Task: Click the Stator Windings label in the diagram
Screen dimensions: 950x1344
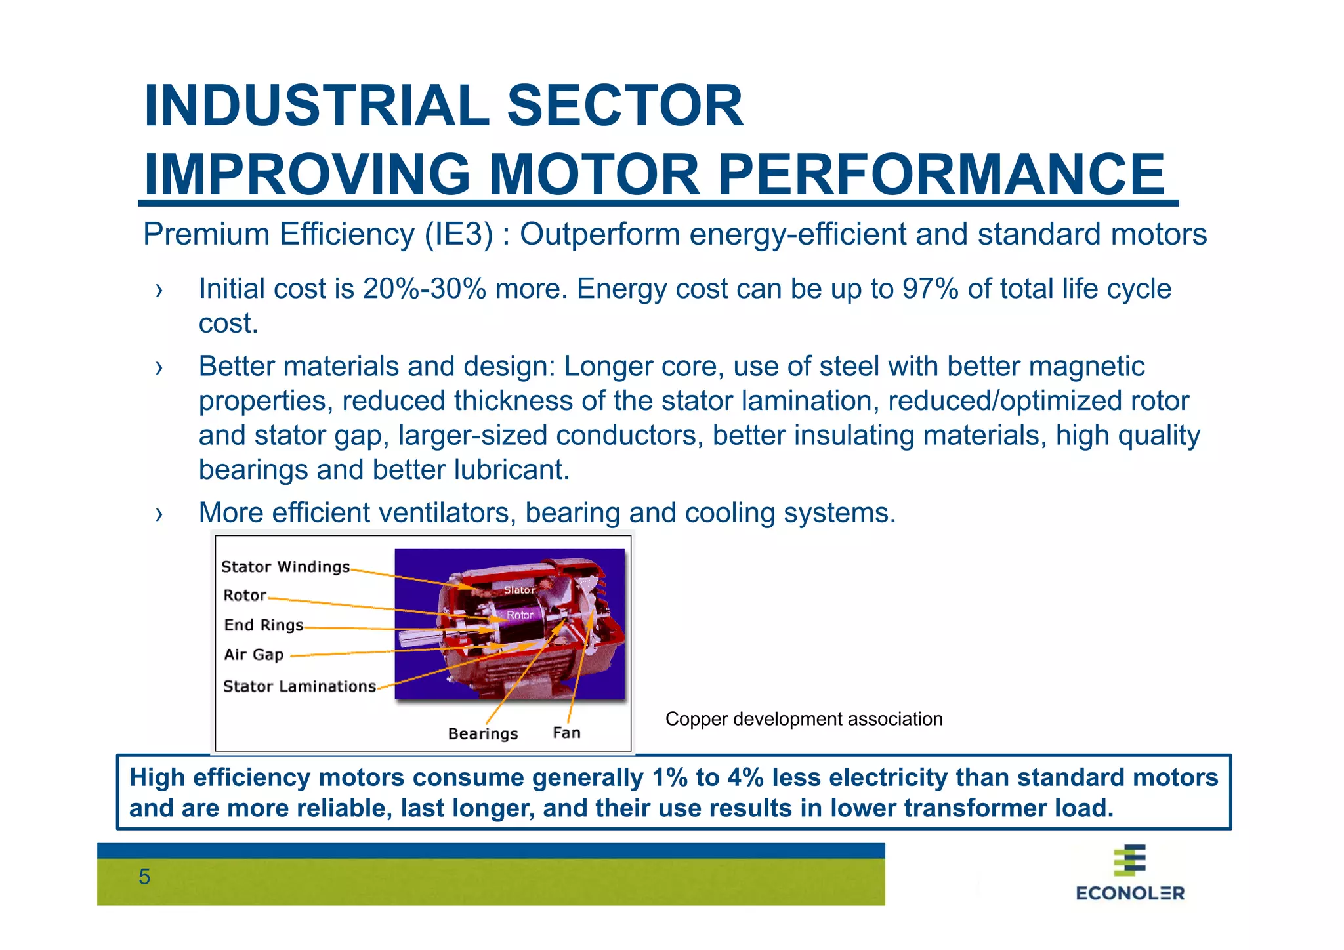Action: tap(285, 567)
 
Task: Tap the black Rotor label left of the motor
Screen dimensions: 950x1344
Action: tap(245, 596)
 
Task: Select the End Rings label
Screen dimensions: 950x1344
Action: tap(264, 625)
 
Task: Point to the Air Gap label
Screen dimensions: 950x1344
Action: tap(254, 655)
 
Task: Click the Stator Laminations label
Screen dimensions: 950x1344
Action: tap(299, 686)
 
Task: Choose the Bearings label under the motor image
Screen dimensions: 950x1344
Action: tap(483, 733)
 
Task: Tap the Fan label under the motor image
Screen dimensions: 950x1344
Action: tap(566, 733)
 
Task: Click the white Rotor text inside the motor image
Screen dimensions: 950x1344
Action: tap(520, 615)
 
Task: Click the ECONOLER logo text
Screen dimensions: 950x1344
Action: tap(1130, 893)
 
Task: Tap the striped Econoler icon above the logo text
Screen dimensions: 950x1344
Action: tap(1129, 860)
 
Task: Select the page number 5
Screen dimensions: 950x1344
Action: tap(144, 877)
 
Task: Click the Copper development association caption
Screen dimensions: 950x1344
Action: tap(804, 719)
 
